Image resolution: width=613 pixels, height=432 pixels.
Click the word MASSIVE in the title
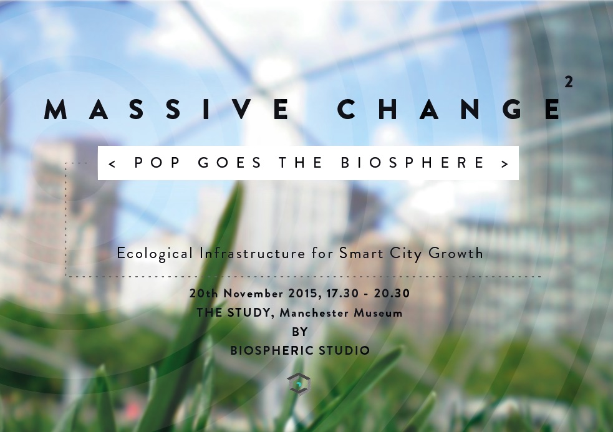click(167, 109)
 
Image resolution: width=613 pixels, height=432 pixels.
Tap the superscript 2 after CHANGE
click(569, 82)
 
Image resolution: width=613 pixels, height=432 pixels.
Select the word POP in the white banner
click(157, 163)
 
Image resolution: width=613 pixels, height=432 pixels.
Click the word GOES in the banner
click(229, 163)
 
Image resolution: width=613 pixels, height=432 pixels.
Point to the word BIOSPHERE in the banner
click(412, 163)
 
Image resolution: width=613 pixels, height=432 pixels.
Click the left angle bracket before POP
click(112, 164)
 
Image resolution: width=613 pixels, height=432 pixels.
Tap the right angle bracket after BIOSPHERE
click(504, 164)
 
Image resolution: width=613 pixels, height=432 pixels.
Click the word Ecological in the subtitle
click(155, 254)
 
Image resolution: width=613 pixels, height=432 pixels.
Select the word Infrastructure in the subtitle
click(252, 253)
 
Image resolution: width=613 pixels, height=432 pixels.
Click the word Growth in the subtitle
click(456, 253)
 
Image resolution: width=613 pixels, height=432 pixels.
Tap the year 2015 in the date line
click(303, 293)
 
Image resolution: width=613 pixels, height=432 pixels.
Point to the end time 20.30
click(392, 293)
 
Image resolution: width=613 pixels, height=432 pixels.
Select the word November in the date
click(253, 293)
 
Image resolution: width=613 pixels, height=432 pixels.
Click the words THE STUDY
click(233, 313)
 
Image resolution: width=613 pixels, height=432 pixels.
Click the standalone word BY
click(300, 332)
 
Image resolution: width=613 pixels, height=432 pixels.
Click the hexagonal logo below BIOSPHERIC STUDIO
click(299, 384)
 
